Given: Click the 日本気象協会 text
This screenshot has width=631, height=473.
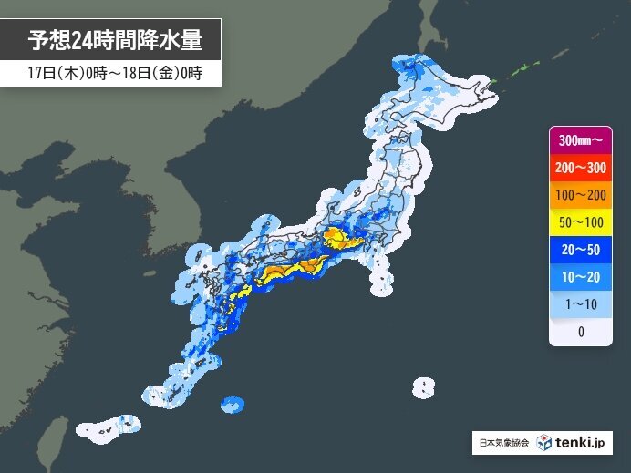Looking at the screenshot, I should click(503, 444).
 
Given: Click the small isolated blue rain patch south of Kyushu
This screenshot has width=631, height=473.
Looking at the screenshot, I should click(233, 404).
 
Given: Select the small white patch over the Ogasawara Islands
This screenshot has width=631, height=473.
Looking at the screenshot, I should click(422, 387).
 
